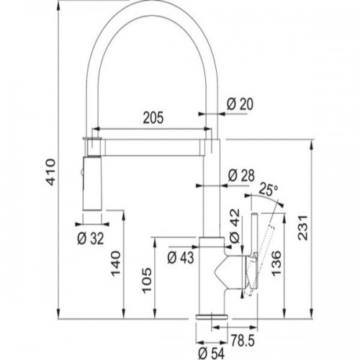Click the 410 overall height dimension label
pyautogui.click(x=51, y=171)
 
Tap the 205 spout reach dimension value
pyautogui.click(x=153, y=117)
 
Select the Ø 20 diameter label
pyautogui.click(x=240, y=104)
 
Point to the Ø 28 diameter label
pyautogui.click(x=241, y=175)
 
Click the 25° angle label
pyautogui.click(x=269, y=189)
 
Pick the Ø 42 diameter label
pyautogui.click(x=235, y=225)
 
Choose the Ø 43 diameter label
pyautogui.click(x=181, y=258)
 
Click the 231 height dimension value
pyautogui.click(x=303, y=228)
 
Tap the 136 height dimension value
pyautogui.click(x=276, y=264)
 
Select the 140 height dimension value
pyautogui.click(x=115, y=264)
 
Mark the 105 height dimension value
pyautogui.click(x=147, y=280)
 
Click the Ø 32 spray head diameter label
pyautogui.click(x=91, y=238)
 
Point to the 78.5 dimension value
pyautogui.click(x=243, y=341)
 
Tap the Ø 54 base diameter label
pyautogui.click(x=211, y=354)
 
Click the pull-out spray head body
pyautogui.click(x=92, y=184)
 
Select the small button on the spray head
pyautogui.click(x=82, y=172)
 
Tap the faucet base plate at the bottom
pyautogui.click(x=212, y=317)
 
